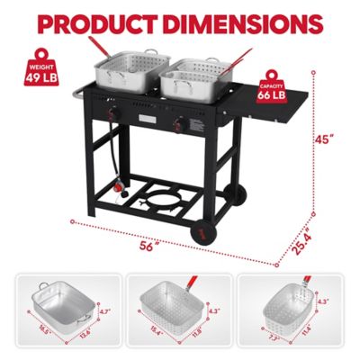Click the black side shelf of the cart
274,114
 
